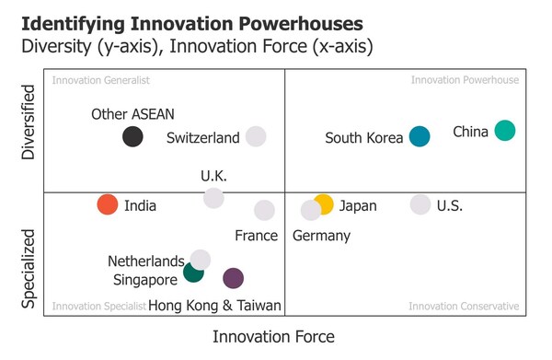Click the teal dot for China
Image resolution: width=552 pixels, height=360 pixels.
tap(504, 131)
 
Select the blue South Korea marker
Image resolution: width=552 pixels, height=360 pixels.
tap(420, 137)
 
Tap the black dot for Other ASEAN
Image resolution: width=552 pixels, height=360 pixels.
tap(132, 137)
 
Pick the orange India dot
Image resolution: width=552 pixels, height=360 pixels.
tap(108, 204)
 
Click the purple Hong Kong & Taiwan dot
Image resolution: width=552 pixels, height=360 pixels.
tap(233, 278)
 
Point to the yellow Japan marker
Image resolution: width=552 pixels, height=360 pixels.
tap(324, 204)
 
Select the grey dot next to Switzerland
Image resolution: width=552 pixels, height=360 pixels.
tap(256, 137)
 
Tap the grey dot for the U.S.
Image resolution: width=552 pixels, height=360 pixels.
tap(420, 204)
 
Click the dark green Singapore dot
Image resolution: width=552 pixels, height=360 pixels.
tap(193, 272)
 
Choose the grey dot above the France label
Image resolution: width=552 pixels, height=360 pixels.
tap(264, 210)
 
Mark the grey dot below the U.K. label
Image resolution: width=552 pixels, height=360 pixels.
tap(213, 198)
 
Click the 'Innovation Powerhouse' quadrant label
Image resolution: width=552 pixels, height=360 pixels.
tap(465, 80)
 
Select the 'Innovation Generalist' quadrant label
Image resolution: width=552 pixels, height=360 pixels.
tap(101, 80)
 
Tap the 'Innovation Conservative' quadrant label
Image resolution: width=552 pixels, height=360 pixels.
tap(463, 306)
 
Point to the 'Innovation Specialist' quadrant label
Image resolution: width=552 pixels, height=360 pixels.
tap(99, 306)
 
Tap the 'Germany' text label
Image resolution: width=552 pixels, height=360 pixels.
tap(321, 236)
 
